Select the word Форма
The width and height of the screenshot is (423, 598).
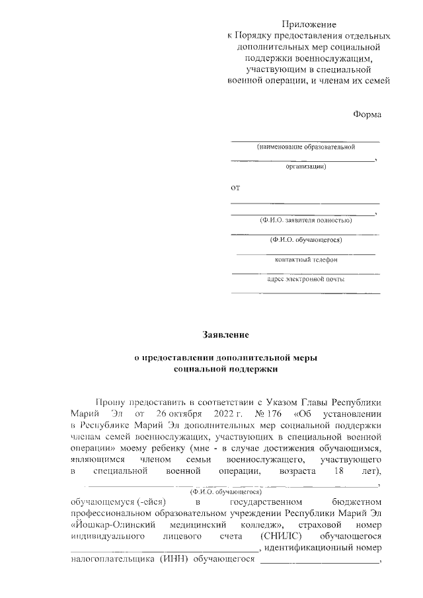[367, 114]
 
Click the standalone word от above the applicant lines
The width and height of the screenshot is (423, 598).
[235, 188]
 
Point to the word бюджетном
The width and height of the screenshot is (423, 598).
[357, 502]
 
